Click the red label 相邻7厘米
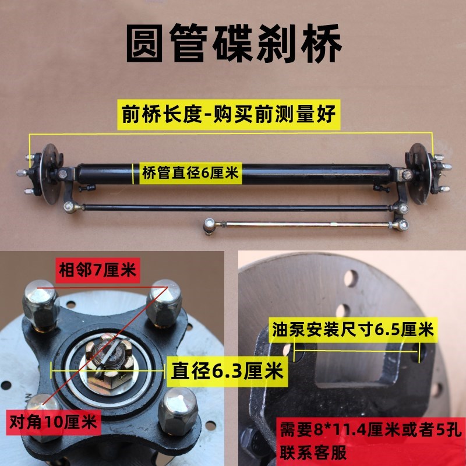(x=97, y=270)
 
